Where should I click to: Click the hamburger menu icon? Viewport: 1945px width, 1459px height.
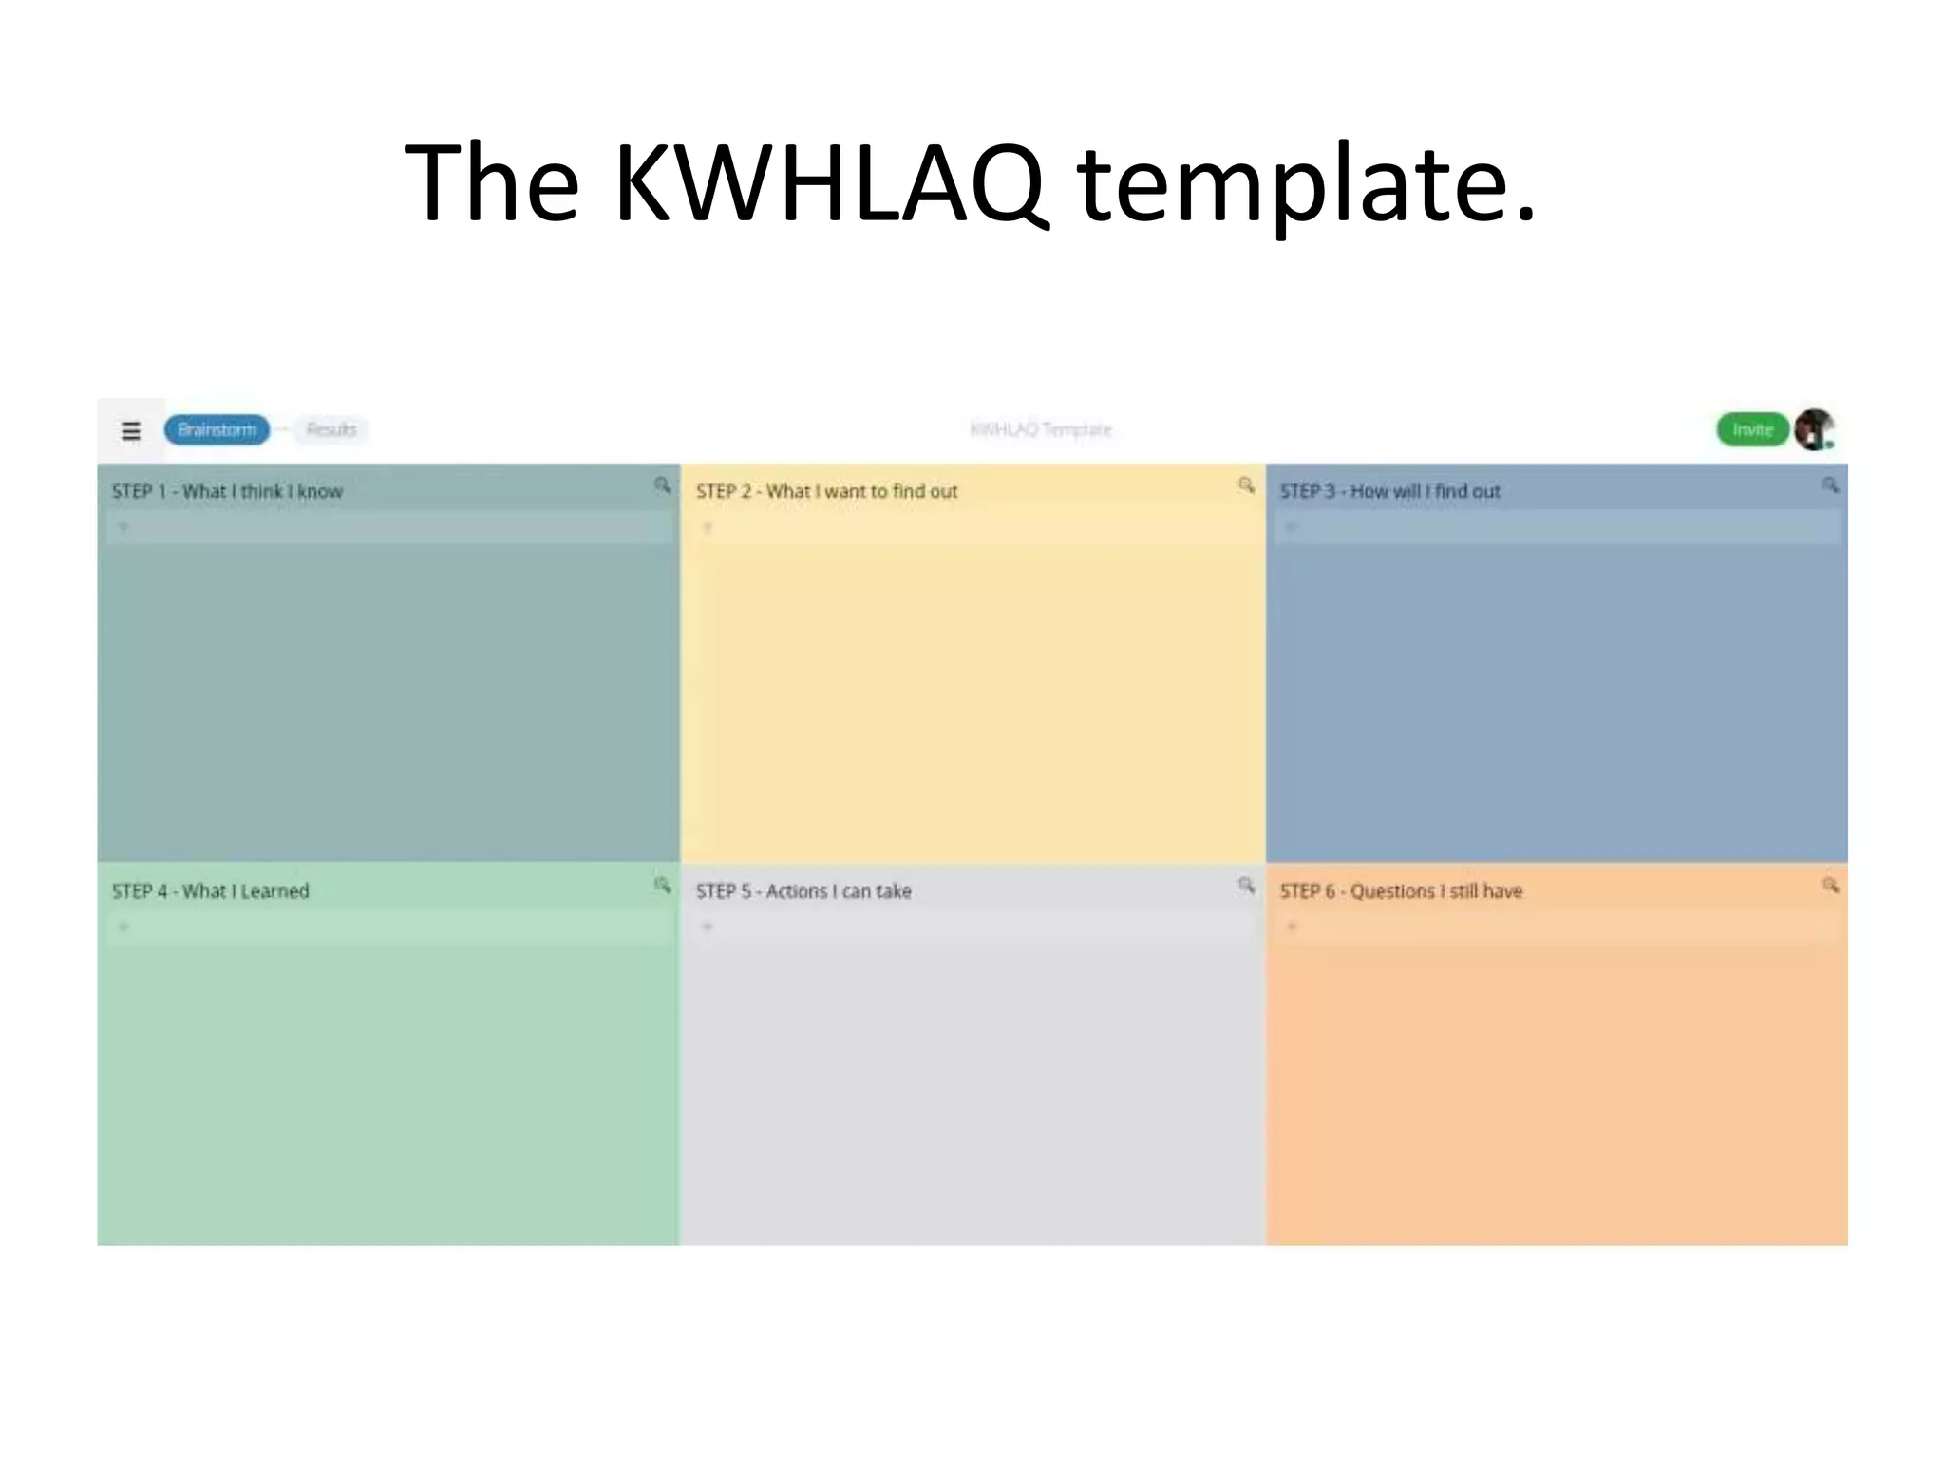point(131,430)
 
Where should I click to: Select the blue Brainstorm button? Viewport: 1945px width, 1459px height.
point(217,430)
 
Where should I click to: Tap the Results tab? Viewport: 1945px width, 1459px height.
point(330,430)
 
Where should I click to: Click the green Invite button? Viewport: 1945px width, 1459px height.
point(1752,430)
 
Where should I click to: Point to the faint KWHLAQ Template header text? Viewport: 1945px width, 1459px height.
point(1041,430)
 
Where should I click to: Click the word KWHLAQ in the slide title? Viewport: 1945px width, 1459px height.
point(831,182)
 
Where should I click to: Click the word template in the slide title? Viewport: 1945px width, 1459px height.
point(1306,182)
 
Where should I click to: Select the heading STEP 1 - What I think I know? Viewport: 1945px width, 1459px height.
point(227,492)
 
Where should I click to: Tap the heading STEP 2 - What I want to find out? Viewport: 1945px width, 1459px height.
point(826,492)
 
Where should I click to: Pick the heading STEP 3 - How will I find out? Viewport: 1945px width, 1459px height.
point(1389,492)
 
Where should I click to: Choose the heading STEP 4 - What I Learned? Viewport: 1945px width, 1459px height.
point(211,892)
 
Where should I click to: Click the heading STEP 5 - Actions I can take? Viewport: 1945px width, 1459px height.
point(803,892)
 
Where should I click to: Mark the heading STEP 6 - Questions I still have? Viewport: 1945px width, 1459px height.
point(1401,892)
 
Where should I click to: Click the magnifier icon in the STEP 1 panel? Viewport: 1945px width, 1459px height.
point(662,485)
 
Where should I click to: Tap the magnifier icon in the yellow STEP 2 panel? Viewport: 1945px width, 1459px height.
point(1246,485)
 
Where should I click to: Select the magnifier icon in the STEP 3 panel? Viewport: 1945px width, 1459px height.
point(1830,485)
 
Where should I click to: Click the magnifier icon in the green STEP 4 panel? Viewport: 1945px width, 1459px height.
point(662,885)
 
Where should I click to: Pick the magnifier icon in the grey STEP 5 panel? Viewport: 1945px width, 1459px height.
point(1246,885)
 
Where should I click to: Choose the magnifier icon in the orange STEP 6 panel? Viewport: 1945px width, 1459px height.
point(1830,885)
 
